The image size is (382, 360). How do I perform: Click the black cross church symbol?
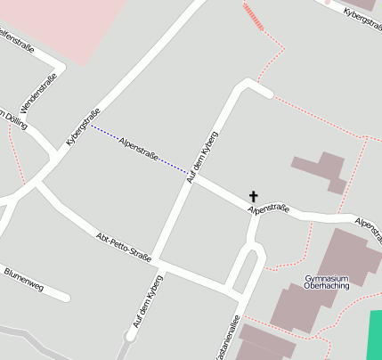(x=254, y=196)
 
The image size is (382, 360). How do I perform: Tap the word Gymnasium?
(x=325, y=278)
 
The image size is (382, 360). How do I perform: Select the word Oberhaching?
(x=325, y=286)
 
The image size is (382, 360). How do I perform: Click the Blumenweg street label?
(x=23, y=278)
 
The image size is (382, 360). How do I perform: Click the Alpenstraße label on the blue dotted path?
(x=138, y=149)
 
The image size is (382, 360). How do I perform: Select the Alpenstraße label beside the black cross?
(x=268, y=209)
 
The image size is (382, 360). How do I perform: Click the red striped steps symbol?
(x=254, y=16)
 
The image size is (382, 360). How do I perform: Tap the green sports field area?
(x=375, y=334)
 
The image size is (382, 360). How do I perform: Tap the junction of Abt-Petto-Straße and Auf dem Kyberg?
(x=161, y=264)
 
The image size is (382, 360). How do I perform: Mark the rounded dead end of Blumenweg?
(x=64, y=296)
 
